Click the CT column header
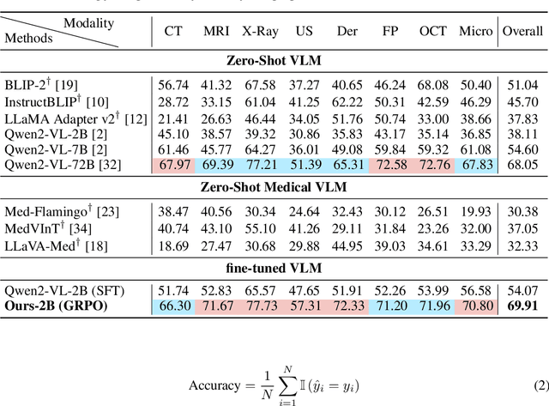[x=173, y=32]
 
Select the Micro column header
[x=475, y=32]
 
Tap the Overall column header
[x=522, y=32]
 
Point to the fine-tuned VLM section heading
[x=274, y=269]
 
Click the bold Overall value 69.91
[x=522, y=306]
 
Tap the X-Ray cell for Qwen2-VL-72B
[x=260, y=164]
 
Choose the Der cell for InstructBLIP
[x=347, y=102]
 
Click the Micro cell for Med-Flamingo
[x=475, y=211]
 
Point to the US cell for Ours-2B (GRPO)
[x=303, y=306]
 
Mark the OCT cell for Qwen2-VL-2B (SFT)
[x=433, y=291]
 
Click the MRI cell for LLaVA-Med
[x=216, y=245]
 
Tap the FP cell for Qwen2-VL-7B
[x=390, y=148]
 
